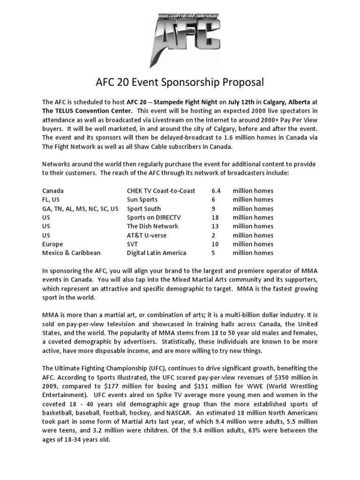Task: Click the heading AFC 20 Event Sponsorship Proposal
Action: point(180,82)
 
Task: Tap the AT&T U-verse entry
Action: point(147,235)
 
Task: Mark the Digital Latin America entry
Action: point(157,253)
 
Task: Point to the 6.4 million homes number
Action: point(216,191)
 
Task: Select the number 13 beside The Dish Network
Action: point(216,226)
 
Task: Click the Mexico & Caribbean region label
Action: point(71,253)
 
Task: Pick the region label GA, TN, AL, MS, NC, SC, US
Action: point(80,209)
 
